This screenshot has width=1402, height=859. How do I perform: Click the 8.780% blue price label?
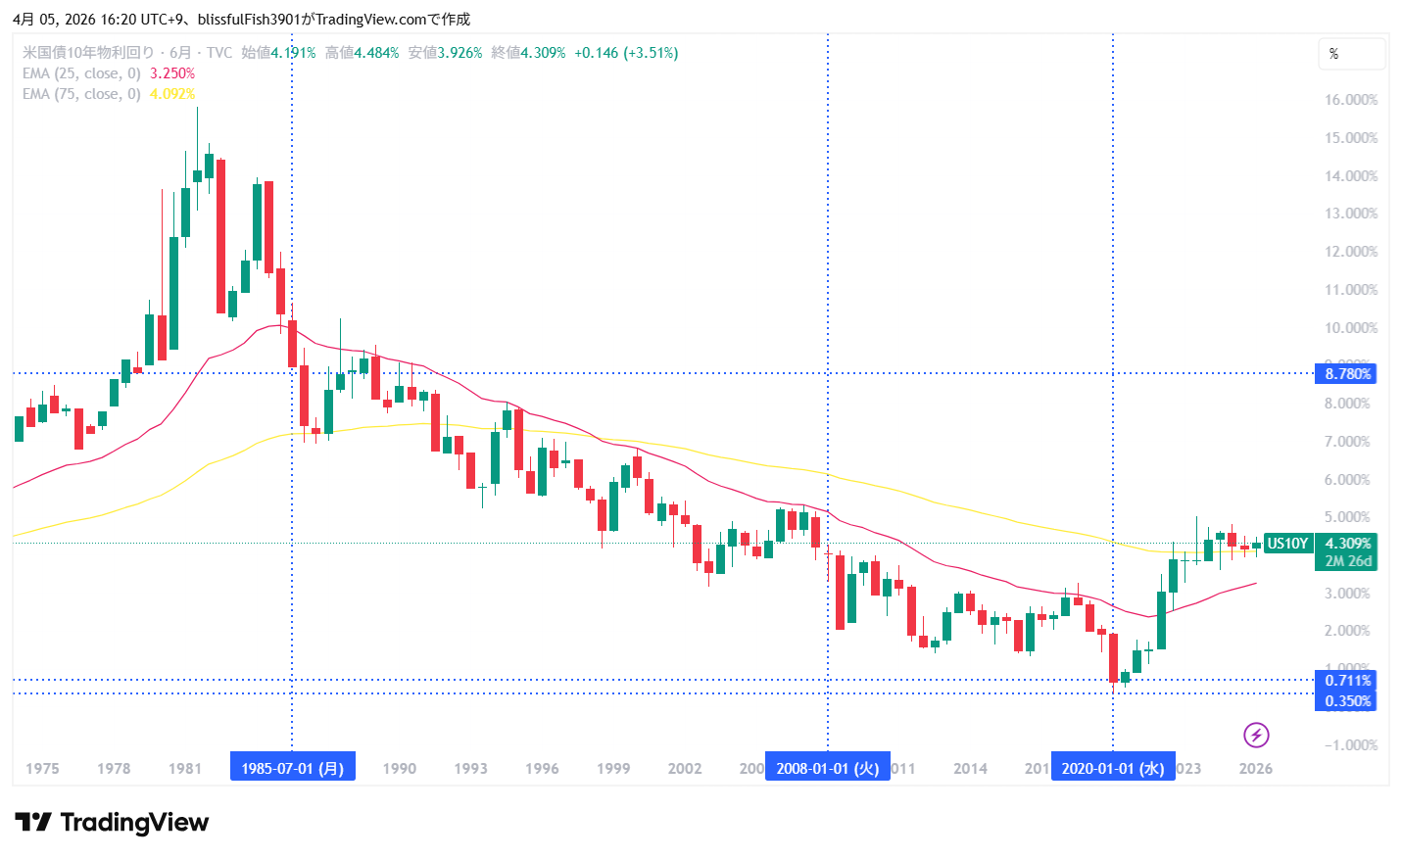pyautogui.click(x=1347, y=373)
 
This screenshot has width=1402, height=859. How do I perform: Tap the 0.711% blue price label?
pyautogui.click(x=1347, y=680)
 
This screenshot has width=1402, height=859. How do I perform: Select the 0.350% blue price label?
pyautogui.click(x=1347, y=700)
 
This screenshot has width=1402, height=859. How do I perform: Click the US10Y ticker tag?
pyautogui.click(x=1287, y=544)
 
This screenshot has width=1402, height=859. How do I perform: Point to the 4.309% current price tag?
pyautogui.click(x=1347, y=544)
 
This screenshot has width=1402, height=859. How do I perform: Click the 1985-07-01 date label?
pyautogui.click(x=292, y=768)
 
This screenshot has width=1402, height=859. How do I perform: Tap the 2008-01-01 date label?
pyautogui.click(x=827, y=768)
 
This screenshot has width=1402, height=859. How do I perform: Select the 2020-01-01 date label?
pyautogui.click(x=1112, y=768)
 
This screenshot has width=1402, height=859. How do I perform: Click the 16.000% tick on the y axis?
pyautogui.click(x=1350, y=100)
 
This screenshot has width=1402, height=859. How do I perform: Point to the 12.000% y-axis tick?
pyautogui.click(x=1350, y=252)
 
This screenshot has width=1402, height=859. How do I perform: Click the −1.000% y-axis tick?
pyautogui.click(x=1350, y=745)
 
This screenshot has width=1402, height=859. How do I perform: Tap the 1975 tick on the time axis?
pyautogui.click(x=42, y=769)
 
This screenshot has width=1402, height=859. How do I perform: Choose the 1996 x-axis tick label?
pyautogui.click(x=542, y=769)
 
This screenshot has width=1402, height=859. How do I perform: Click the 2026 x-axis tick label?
pyautogui.click(x=1255, y=769)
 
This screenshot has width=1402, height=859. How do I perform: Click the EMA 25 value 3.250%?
pyautogui.click(x=172, y=73)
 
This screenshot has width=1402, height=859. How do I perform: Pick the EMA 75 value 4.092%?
pyautogui.click(x=172, y=94)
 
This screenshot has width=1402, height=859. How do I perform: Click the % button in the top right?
pyautogui.click(x=1351, y=54)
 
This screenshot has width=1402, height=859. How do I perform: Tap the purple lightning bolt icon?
pyautogui.click(x=1256, y=735)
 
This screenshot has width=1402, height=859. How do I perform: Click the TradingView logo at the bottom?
pyautogui.click(x=112, y=822)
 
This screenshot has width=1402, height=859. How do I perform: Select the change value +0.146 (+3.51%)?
pyautogui.click(x=626, y=53)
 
